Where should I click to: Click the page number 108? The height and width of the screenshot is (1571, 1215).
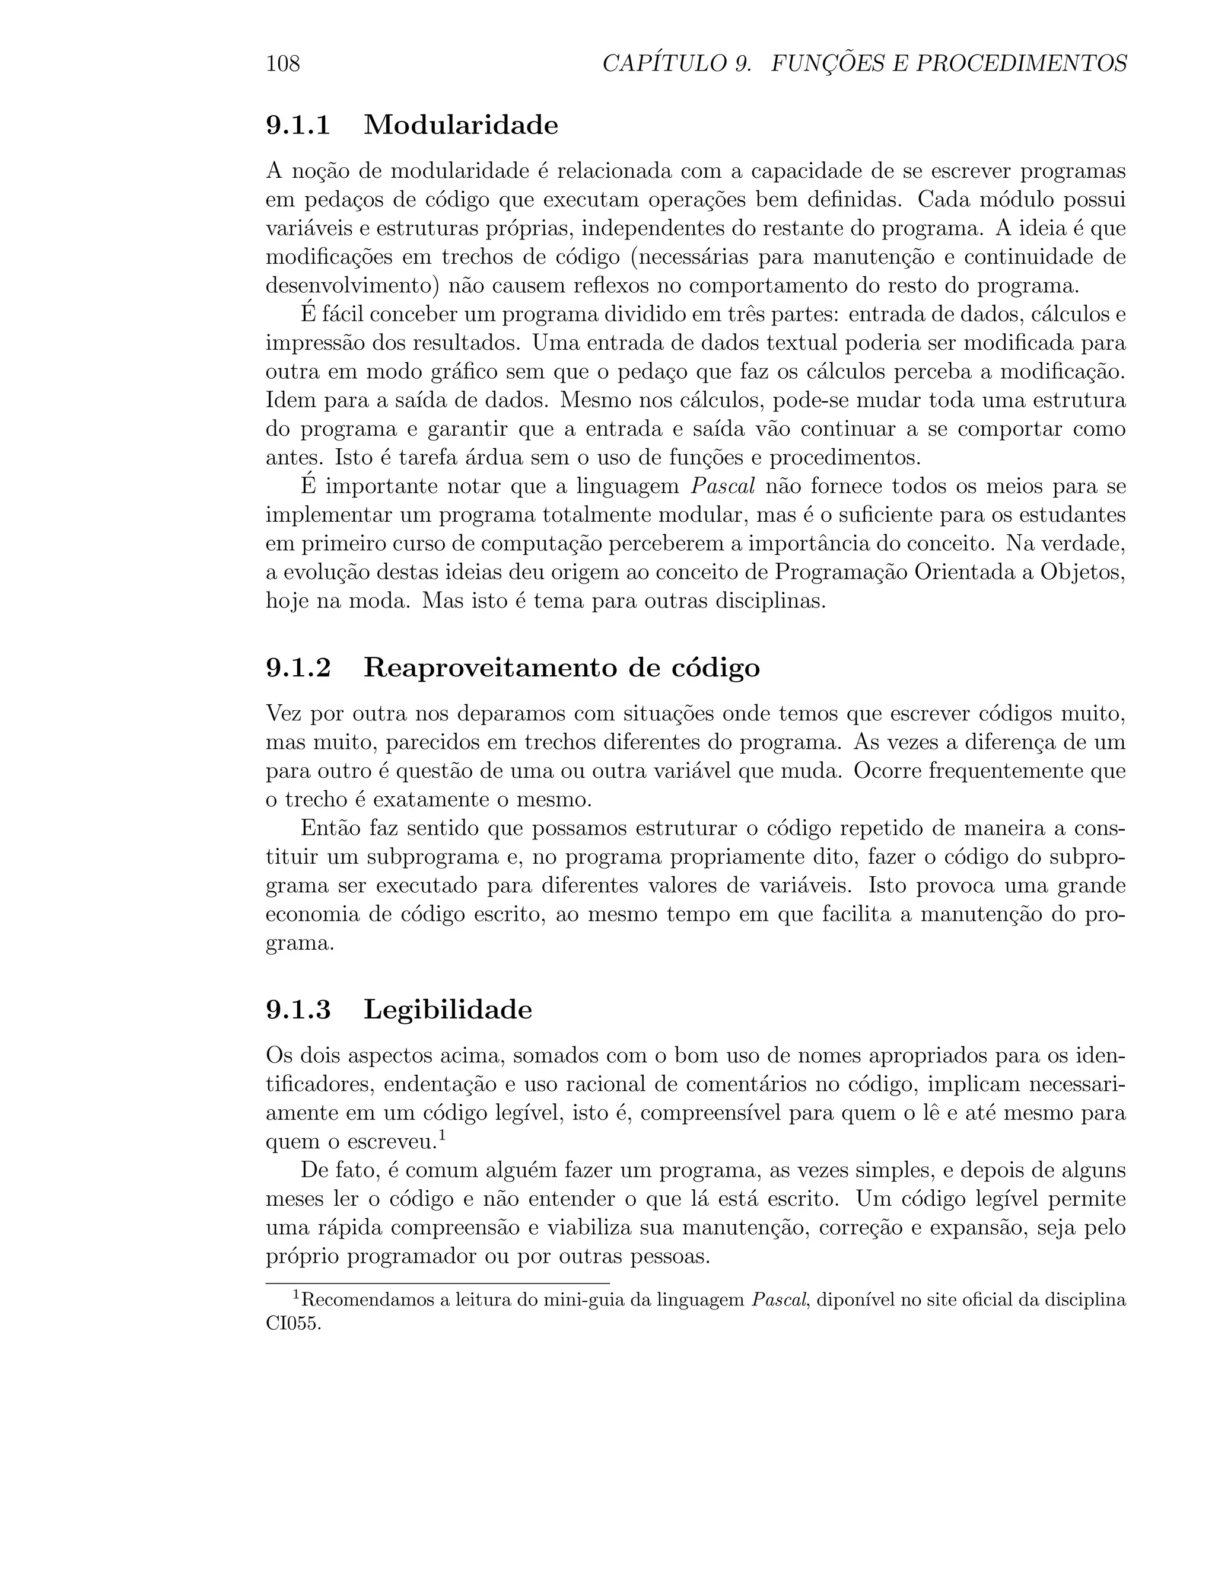click(x=283, y=64)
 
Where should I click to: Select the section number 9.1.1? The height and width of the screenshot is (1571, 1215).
click(x=298, y=125)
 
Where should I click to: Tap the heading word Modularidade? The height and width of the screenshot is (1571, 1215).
click(x=460, y=125)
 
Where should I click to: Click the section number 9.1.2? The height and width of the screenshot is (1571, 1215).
click(x=298, y=668)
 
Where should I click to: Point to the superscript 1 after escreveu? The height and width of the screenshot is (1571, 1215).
click(x=442, y=1136)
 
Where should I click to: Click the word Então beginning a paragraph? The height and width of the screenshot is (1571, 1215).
click(x=329, y=828)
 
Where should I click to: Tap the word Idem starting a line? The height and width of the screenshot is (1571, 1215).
click(x=290, y=401)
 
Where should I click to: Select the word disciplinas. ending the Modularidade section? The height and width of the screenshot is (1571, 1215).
click(x=769, y=601)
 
